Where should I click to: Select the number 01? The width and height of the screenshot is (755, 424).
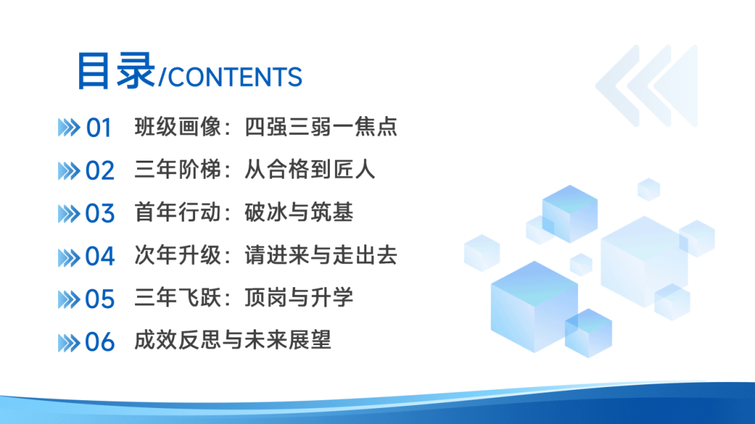click(99, 128)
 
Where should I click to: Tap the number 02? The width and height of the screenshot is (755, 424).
click(99, 170)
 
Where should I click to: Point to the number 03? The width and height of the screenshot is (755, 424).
click(99, 213)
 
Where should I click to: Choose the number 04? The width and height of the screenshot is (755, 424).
click(99, 256)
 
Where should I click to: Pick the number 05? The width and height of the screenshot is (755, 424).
click(99, 299)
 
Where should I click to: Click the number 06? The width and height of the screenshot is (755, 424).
click(99, 342)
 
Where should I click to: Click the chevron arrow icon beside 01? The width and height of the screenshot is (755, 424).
click(69, 128)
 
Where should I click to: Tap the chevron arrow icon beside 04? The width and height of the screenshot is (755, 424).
click(69, 256)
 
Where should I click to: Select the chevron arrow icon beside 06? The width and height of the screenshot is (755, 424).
click(69, 342)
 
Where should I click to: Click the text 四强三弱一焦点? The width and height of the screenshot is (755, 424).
click(321, 127)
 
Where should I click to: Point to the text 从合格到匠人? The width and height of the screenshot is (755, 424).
click(310, 170)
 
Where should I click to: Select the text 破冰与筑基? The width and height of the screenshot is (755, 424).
click(299, 212)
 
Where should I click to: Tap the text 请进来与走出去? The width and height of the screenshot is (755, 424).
click(321, 256)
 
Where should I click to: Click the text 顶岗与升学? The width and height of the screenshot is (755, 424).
click(299, 298)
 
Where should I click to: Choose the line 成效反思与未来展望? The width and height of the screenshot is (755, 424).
click(233, 341)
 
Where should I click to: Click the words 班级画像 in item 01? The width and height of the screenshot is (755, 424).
click(178, 127)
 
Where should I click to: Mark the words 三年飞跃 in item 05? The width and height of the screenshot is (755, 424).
click(178, 298)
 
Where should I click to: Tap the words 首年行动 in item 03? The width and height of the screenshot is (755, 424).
click(178, 212)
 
